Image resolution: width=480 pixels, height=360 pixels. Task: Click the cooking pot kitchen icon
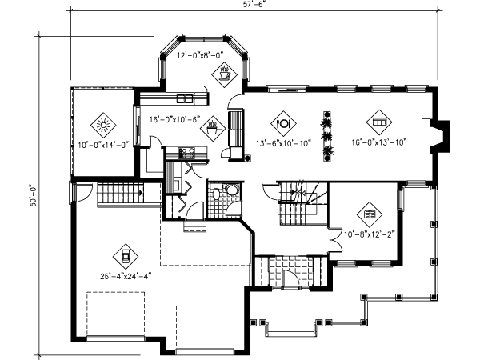tap(214, 125)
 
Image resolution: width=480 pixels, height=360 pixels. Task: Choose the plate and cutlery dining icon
tap(283, 123)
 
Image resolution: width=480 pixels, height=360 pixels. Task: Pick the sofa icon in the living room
tap(378, 123)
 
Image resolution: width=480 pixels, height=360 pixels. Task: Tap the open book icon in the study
tap(369, 214)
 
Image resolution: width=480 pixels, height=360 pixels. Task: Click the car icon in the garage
tap(125, 256)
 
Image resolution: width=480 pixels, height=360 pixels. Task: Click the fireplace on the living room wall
tap(441, 130)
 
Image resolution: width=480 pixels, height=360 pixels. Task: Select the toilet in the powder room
tap(230, 190)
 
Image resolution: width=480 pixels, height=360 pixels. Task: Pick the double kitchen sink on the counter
tap(186, 99)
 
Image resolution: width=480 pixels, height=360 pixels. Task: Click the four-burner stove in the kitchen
tap(187, 151)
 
